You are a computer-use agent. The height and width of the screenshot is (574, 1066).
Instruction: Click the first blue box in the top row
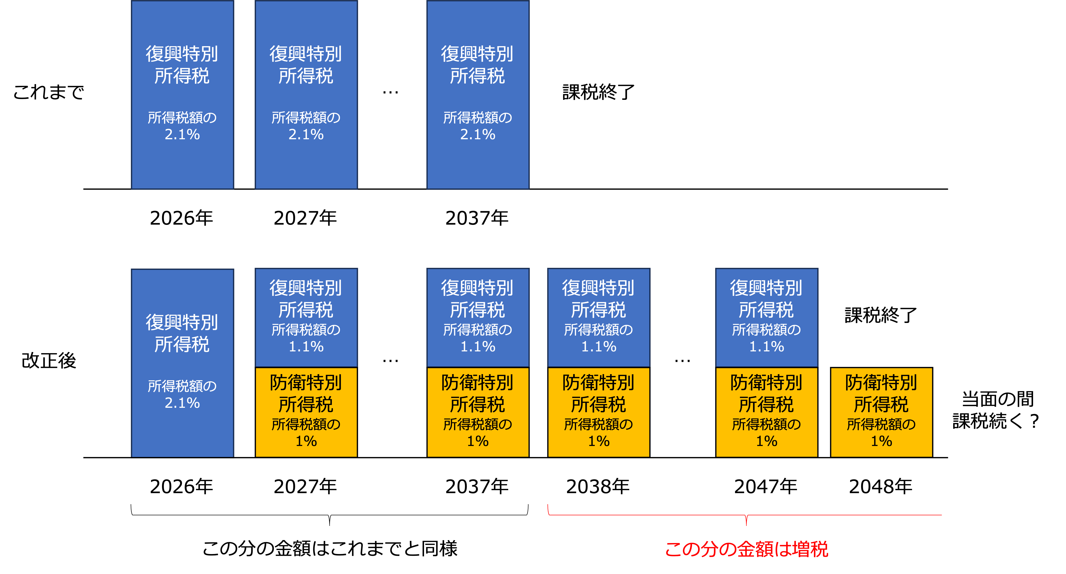coord(182,95)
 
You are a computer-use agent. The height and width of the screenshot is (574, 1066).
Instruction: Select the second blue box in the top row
coord(306,95)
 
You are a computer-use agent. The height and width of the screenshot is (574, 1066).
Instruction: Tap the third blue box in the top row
coord(478,95)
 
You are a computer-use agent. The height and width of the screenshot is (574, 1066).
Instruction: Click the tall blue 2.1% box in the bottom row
coord(182,363)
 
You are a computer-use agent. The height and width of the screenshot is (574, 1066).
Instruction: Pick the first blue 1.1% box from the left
coord(306,317)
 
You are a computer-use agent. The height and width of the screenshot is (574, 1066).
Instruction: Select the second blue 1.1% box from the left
coord(478,317)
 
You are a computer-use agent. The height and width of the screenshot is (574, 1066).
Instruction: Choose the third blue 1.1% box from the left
coord(599,317)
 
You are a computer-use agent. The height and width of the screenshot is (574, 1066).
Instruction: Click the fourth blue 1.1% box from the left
coord(767,317)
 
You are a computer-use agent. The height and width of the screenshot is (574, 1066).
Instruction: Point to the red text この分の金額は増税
coord(747,549)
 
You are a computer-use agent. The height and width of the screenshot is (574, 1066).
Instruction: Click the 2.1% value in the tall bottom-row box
coord(182,403)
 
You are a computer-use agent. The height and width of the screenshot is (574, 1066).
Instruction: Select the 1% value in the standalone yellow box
coord(882,441)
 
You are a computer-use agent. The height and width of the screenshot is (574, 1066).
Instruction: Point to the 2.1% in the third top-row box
coord(478,135)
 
